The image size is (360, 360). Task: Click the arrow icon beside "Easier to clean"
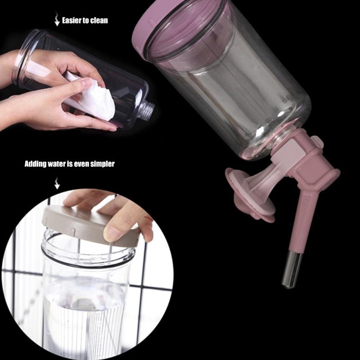[x=57, y=19]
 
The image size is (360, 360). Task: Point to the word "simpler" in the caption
[x=102, y=164]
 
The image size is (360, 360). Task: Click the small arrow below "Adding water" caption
[x=57, y=183]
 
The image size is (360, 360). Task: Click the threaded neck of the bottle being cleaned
[x=146, y=110]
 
